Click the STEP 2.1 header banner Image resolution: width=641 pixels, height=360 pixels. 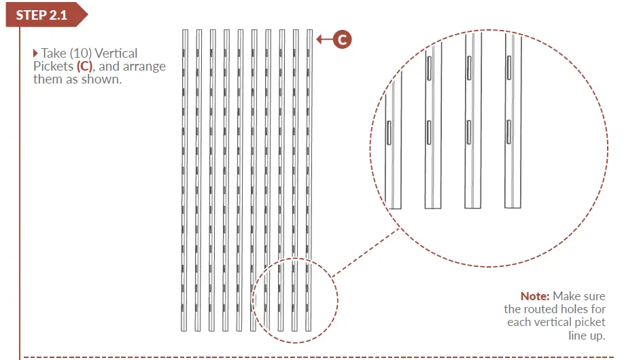tap(43, 15)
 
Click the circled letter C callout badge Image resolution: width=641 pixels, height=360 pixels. tap(342, 40)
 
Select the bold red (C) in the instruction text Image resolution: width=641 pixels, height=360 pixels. tap(83, 67)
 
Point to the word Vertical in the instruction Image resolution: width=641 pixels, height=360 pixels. tap(115, 53)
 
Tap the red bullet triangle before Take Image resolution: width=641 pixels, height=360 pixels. tap(36, 53)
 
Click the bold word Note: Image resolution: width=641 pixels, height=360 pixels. tap(535, 296)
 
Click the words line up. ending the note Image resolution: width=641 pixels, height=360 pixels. tap(586, 335)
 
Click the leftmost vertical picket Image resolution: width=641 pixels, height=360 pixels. tap(185, 180)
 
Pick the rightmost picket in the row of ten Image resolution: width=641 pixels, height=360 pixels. tap(309, 180)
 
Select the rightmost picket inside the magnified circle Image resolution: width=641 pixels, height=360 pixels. tap(513, 122)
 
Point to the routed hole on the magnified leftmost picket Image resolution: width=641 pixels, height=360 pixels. tap(387, 133)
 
